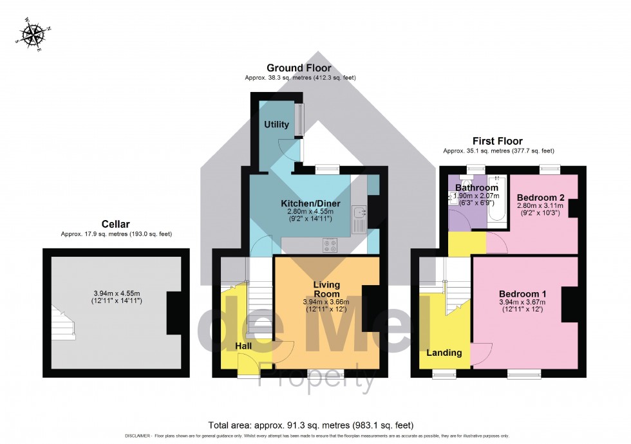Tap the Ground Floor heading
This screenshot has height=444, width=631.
point(299,68)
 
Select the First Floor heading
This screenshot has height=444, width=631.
point(498,141)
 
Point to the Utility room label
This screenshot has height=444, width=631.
point(276,124)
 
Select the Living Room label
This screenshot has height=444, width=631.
point(326,289)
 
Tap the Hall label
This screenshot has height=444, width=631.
point(243,346)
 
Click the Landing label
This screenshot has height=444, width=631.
point(444,353)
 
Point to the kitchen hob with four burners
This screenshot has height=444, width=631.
point(331,245)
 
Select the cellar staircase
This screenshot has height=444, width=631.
point(64,322)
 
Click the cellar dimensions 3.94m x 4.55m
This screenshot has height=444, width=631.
point(116,297)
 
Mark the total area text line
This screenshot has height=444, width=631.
point(310,425)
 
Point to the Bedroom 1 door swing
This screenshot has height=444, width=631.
point(480,353)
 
